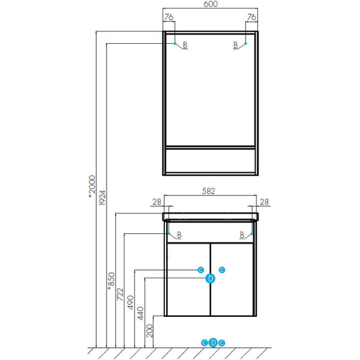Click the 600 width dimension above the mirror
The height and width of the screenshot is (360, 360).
click(211, 4)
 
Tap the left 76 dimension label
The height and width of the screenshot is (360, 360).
click(169, 17)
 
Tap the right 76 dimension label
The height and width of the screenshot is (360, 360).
click(251, 17)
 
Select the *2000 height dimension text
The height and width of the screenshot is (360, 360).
click(92, 187)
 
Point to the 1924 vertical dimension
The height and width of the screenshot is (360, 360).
click(102, 197)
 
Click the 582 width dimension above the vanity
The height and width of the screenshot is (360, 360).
click(208, 191)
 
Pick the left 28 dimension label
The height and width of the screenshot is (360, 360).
click(157, 202)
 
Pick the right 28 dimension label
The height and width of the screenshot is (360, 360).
click(264, 202)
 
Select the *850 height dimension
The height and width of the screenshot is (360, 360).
click(112, 281)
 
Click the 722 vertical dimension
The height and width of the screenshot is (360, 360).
click(120, 295)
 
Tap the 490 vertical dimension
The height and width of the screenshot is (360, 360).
click(130, 302)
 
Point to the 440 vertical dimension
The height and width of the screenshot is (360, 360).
click(140, 313)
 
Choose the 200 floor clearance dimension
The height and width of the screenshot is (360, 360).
click(149, 331)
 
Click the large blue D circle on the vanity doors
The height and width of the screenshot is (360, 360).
click(211, 278)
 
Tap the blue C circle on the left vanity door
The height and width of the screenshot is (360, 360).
click(201, 270)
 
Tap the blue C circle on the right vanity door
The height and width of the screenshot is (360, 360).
click(222, 270)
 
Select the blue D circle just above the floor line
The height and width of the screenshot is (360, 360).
click(213, 343)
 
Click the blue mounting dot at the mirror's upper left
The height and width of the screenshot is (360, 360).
click(175, 43)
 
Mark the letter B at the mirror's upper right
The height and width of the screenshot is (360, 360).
click(235, 45)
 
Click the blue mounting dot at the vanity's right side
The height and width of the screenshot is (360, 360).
click(252, 234)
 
